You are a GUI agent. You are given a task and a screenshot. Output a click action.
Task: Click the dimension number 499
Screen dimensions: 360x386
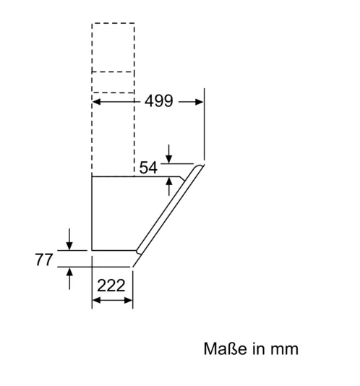coord(158,101)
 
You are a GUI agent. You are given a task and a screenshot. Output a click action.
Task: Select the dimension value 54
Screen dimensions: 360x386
coord(148,168)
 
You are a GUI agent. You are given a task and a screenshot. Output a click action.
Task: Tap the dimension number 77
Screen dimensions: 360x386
coord(44,260)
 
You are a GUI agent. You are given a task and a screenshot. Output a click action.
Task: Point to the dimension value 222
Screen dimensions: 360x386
coord(111,286)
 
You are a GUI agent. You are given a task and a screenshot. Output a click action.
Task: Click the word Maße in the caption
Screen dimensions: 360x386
coord(225,348)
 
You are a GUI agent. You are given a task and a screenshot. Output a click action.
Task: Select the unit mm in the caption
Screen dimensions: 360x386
coord(284,351)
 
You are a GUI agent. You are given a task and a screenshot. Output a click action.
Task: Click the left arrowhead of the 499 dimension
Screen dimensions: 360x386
coord(97,102)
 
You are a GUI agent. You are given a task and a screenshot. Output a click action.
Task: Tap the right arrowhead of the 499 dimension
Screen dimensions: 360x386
coord(199,102)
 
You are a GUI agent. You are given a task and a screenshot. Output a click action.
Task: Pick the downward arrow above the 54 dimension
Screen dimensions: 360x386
coord(169,154)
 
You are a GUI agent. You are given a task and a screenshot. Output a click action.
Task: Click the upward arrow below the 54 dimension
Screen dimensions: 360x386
coord(169,186)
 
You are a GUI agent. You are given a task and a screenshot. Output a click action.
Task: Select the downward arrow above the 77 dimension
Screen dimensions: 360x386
coord(69,239)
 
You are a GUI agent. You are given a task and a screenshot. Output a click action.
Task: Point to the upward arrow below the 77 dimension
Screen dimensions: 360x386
coord(69,278)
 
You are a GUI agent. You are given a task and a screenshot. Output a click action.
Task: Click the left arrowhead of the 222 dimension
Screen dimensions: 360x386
coord(97,300)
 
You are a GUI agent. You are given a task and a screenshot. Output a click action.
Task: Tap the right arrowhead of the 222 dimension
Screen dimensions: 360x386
coord(129,300)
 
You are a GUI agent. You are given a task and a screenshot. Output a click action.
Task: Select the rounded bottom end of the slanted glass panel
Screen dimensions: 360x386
coord(139,251)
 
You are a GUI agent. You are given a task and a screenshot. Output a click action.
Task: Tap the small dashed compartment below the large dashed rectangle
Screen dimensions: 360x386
coord(113,82)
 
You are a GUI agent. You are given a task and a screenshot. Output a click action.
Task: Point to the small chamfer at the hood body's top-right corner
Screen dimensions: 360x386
coord(182,179)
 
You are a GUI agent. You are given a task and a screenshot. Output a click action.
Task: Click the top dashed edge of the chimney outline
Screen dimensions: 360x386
coord(113,23)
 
